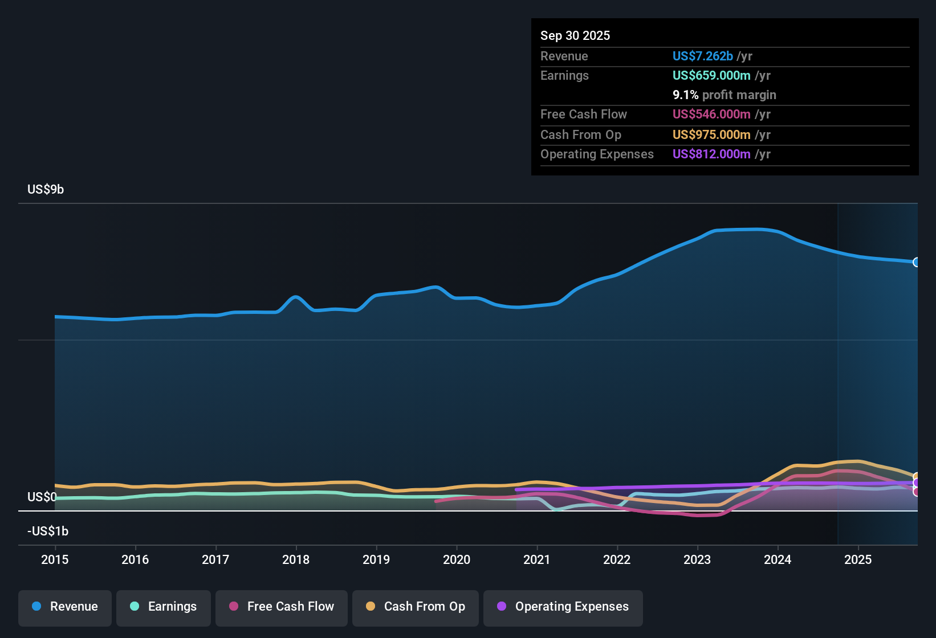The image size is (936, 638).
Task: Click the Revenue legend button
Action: [x=65, y=607]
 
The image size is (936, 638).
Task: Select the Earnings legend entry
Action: [x=164, y=607]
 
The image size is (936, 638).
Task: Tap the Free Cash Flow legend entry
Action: [x=282, y=607]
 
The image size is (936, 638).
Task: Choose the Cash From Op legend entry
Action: [x=416, y=607]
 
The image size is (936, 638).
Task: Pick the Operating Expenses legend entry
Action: [x=563, y=607]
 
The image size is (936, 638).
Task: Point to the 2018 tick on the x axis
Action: [x=296, y=559]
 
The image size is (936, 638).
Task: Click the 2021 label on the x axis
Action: [x=537, y=559]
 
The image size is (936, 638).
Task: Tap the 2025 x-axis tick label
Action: [x=858, y=559]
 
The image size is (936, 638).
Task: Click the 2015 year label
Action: [x=55, y=559]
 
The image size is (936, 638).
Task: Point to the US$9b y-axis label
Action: [x=46, y=190]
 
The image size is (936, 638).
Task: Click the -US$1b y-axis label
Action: [x=48, y=531]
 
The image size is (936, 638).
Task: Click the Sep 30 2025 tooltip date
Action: [x=575, y=35]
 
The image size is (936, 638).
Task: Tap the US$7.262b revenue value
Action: [x=702, y=56]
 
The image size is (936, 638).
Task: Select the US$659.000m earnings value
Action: [x=711, y=75]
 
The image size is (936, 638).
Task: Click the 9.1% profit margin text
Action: [x=724, y=95]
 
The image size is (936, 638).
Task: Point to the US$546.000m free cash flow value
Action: [x=711, y=114]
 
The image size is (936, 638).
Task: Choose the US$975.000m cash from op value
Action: [x=711, y=134]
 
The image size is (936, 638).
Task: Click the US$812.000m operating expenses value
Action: [x=711, y=154]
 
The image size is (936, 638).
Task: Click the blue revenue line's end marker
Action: [x=917, y=262]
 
